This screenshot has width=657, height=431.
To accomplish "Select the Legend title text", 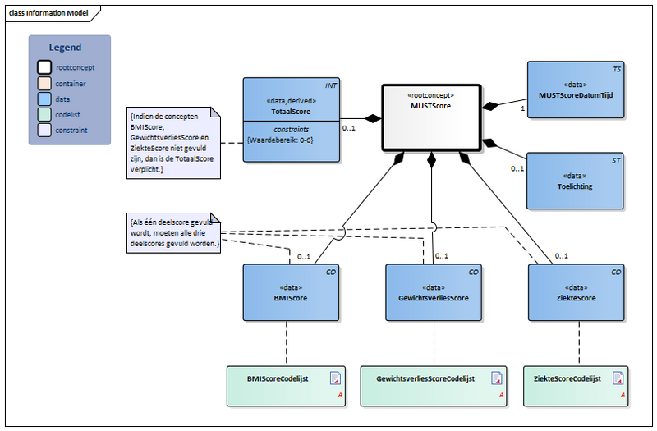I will pos(65,48).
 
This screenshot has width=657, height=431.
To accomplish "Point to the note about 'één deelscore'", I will pos(171,232).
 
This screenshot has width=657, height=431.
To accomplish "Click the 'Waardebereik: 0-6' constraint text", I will pos(279,139).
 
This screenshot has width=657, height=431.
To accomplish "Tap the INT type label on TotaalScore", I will pos(330,85).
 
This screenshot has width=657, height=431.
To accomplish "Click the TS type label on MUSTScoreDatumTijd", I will pos(616,70).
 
